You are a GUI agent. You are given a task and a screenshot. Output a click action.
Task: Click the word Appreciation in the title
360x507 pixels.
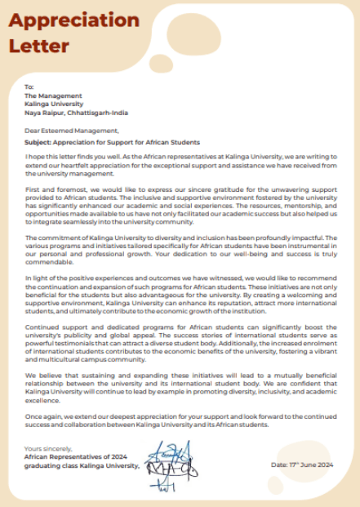pos(74,20)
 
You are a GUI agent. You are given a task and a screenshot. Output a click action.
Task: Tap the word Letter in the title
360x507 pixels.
pos(38,47)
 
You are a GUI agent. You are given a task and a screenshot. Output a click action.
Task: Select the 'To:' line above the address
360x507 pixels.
pos(29,87)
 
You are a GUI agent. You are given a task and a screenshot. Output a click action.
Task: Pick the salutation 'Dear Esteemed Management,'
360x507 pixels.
pos(71,130)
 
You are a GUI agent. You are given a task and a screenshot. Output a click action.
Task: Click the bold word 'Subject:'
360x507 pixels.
pos(39,140)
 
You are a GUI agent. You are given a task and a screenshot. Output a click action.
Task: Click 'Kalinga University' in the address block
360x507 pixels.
pos(54,104)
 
